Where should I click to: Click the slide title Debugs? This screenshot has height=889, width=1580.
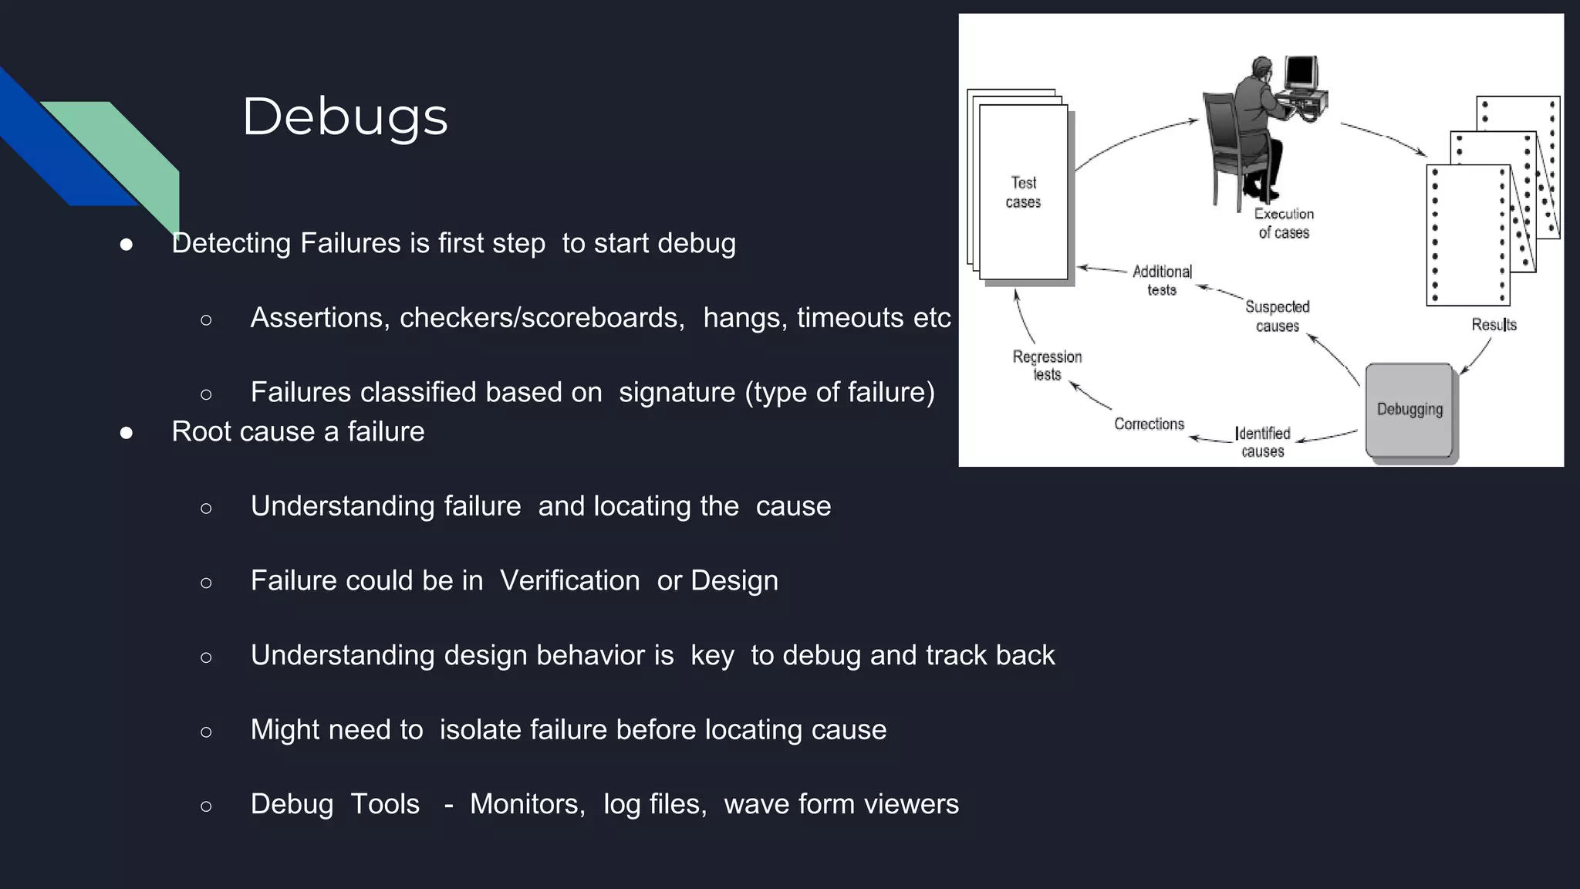345,117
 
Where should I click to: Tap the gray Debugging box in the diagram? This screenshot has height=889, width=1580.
1410,410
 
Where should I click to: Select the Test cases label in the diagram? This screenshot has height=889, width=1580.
1024,192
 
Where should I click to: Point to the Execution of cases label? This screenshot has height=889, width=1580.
1284,223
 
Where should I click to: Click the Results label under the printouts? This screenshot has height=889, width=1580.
1494,325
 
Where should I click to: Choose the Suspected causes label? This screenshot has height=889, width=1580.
1278,316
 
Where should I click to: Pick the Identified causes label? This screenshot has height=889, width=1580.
1263,442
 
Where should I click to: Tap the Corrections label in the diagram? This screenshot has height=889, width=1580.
1149,424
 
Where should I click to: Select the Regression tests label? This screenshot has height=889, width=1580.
1047,366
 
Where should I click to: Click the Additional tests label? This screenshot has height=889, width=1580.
1162,280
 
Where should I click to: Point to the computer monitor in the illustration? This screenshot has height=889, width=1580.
1301,73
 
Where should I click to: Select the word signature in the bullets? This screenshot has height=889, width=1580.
677,393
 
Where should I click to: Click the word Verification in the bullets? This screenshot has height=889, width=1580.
569,580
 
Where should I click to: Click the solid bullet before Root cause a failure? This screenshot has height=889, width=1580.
127,433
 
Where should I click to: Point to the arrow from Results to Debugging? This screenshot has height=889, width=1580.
1477,357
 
